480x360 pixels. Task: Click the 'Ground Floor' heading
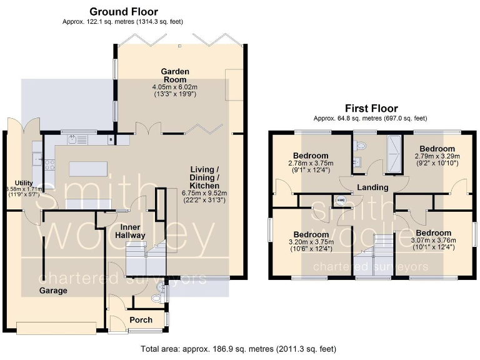pos(123,11)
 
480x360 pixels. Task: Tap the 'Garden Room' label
pos(175,75)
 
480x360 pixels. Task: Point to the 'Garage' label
pos(53,291)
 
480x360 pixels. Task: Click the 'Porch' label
pos(141,319)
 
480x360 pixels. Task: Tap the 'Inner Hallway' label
pos(130,231)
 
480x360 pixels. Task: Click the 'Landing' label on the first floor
pos(373,187)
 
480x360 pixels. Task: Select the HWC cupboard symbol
pos(341,201)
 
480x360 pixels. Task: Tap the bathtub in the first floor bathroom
pos(394,152)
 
